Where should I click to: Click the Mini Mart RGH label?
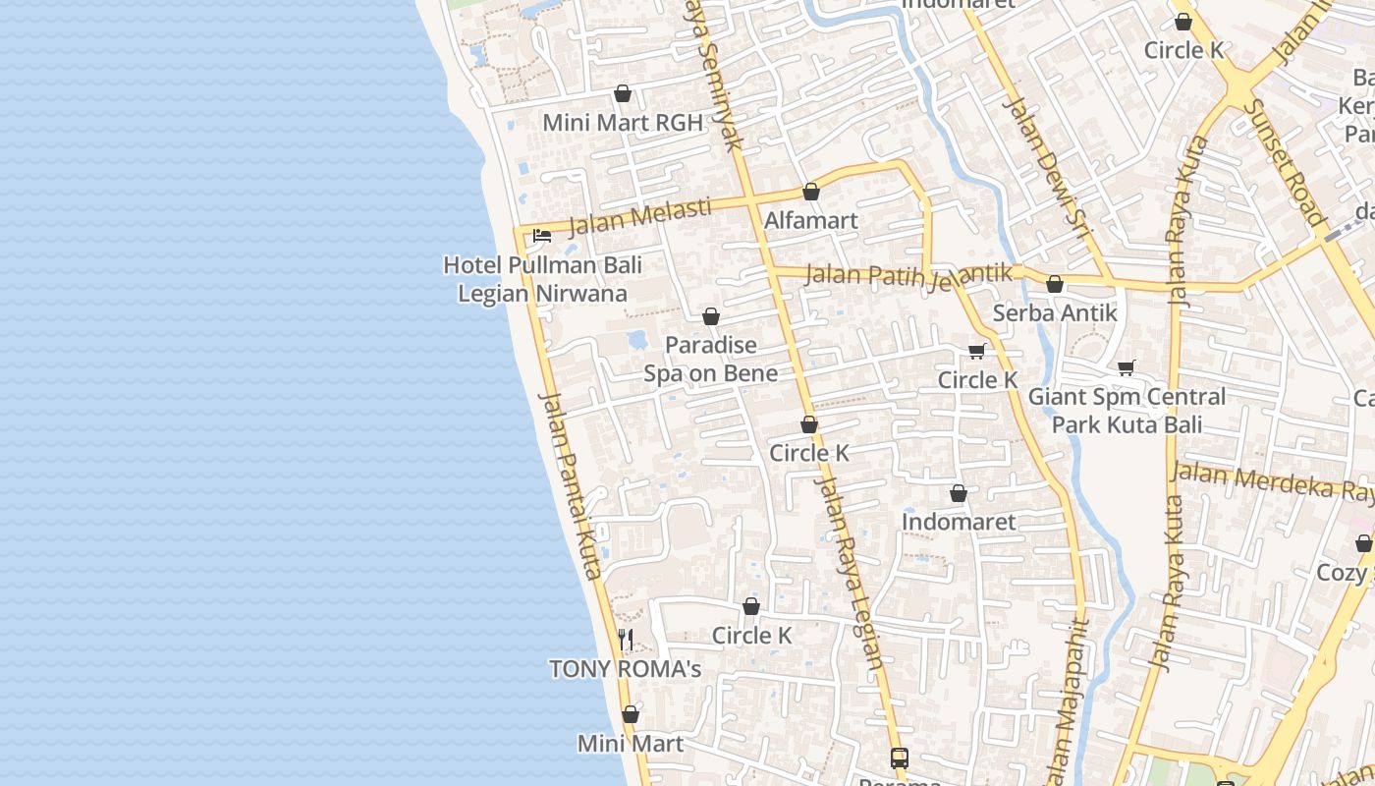[x=623, y=123]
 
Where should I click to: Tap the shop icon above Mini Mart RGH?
[x=622, y=94]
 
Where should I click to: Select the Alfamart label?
[x=811, y=220]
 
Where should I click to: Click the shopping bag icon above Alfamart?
[x=811, y=192]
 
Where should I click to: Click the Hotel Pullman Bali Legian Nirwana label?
[x=542, y=279]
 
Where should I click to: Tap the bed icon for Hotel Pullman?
[x=541, y=236]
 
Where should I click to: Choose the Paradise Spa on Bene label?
[x=710, y=359]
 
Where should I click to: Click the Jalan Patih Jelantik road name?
[x=907, y=275]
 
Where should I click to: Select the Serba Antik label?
[x=1055, y=312]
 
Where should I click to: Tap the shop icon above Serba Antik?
[x=1055, y=285]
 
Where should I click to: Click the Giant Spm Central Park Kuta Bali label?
[x=1127, y=411]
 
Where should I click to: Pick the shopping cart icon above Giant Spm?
[x=1127, y=368]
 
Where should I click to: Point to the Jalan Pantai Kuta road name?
[x=571, y=485]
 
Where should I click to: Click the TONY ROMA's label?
[x=625, y=669]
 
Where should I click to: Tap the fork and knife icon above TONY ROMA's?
[x=626, y=640]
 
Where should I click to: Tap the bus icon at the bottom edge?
[x=900, y=758]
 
